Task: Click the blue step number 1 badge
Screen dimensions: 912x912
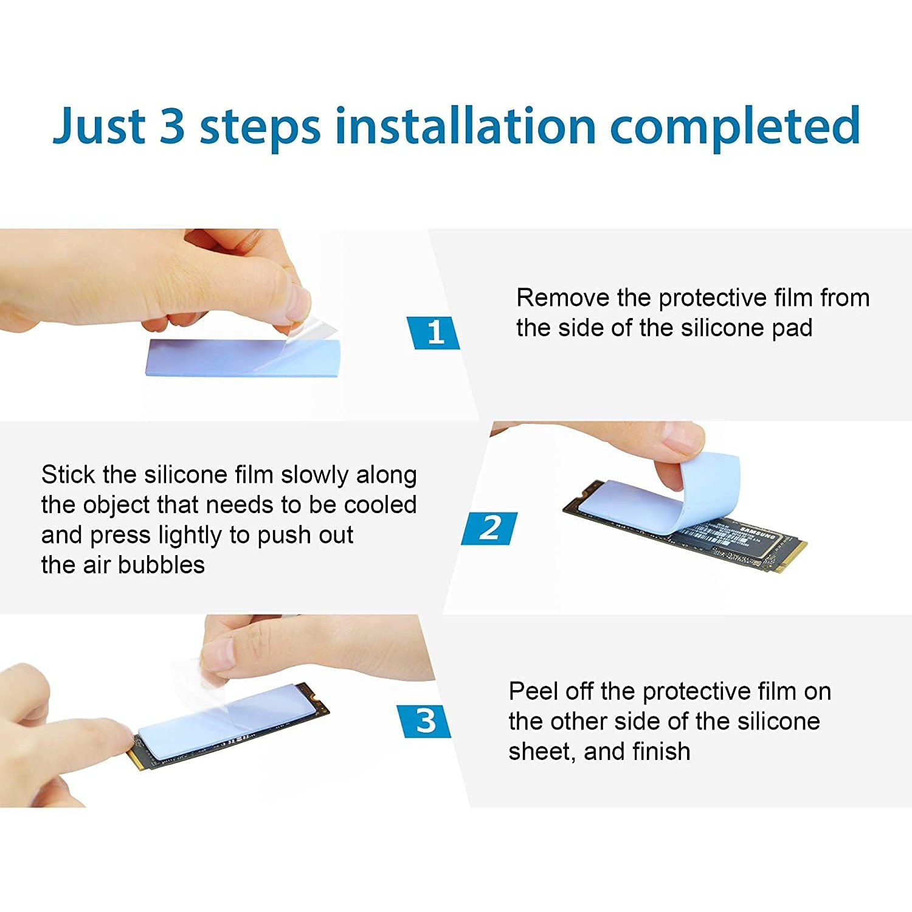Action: click(433, 333)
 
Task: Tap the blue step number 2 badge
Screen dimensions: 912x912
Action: click(489, 528)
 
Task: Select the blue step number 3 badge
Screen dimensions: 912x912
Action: click(424, 721)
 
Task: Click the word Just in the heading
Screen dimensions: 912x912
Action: click(99, 126)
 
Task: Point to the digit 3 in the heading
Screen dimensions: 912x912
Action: click(172, 125)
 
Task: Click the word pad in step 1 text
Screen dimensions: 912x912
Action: click(792, 328)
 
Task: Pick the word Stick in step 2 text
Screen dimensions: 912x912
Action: click(68, 475)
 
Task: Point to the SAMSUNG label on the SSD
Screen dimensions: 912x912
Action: click(757, 533)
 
